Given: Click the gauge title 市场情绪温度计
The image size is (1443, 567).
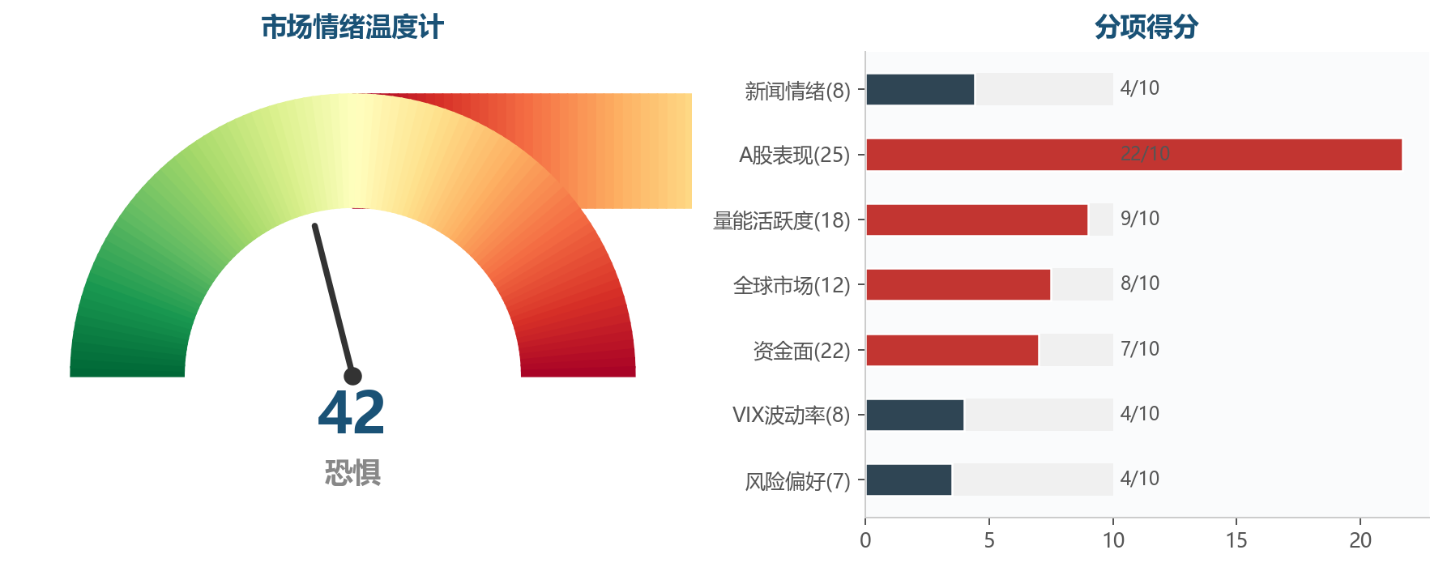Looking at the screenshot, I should click(x=352, y=28).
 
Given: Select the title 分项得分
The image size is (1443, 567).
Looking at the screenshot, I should click(x=1146, y=28).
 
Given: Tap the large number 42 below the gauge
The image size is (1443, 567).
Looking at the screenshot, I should click(x=352, y=413).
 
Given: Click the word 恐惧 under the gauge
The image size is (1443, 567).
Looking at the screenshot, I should click(x=352, y=472).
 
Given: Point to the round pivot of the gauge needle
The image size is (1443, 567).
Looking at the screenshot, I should click(x=352, y=376).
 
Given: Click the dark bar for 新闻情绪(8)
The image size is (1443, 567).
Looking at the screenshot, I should click(x=920, y=89).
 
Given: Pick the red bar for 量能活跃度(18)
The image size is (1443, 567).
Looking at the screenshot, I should click(x=976, y=220).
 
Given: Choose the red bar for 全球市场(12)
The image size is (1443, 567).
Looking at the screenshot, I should click(x=958, y=284).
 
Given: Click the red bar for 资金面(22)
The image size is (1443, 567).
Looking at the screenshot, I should click(x=952, y=350).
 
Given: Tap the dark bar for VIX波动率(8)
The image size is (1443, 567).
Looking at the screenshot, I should click(x=915, y=415).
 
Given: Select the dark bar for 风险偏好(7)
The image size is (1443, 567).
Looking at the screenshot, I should click(x=908, y=480).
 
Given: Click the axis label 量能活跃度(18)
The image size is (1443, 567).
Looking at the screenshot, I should click(x=781, y=220).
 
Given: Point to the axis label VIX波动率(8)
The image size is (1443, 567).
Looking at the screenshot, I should click(x=791, y=415).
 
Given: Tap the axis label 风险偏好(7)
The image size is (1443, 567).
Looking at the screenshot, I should click(x=797, y=481).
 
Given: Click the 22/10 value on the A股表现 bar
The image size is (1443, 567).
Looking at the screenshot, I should click(x=1145, y=154).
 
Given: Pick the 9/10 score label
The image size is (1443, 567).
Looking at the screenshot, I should click(x=1139, y=219).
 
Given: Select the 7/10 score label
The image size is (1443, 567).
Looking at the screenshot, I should click(x=1139, y=349).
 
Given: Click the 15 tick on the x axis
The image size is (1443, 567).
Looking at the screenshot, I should click(x=1236, y=540).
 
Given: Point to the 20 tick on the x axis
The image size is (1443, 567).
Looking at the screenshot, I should click(x=1360, y=540).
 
